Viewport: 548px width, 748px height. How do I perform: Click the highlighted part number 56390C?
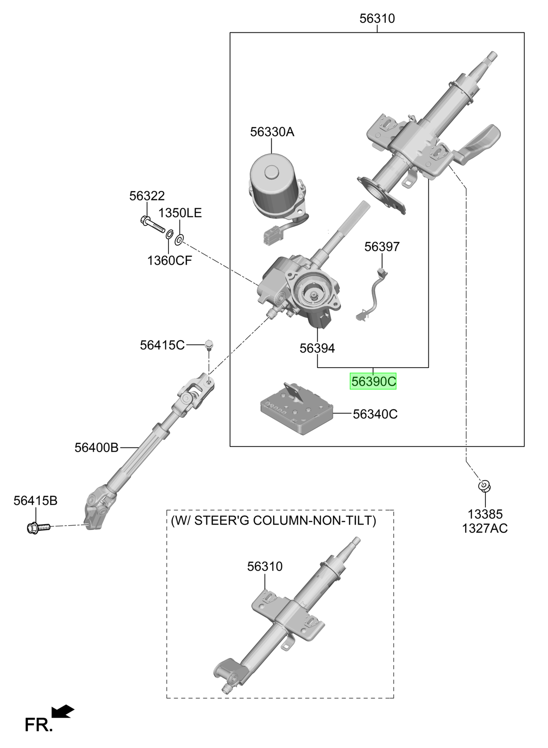(373, 381)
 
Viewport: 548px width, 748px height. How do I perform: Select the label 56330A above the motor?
(272, 132)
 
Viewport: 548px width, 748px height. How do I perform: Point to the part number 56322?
(147, 196)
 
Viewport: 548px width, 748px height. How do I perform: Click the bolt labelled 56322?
(152, 224)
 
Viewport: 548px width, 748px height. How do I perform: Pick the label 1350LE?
(180, 213)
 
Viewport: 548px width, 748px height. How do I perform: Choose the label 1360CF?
(169, 260)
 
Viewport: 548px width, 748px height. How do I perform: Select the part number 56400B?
(96, 448)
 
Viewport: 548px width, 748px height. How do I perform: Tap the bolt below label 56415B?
(38, 527)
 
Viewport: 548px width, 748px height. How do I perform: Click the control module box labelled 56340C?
(296, 409)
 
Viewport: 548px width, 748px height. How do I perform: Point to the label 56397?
(382, 247)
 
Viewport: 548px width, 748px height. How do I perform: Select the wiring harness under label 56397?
(372, 294)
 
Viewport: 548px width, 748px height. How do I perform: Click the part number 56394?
(317, 348)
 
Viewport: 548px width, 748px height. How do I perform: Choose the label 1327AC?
(485, 529)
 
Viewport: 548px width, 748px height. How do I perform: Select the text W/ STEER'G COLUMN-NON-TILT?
(274, 521)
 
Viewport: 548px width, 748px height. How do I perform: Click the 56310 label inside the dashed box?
(265, 566)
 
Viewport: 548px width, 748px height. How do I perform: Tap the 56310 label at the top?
(377, 18)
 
